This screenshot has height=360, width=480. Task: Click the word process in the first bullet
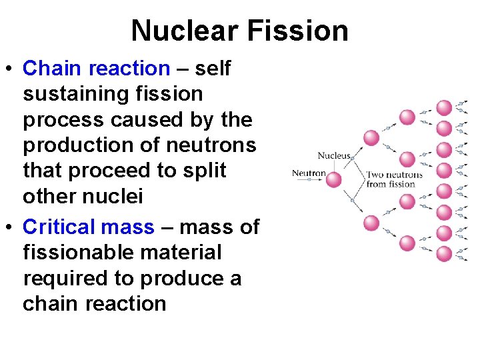click(64, 120)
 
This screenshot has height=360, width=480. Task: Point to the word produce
click(189, 278)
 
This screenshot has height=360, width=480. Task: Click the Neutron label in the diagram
click(309, 174)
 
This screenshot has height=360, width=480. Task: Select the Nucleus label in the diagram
click(333, 156)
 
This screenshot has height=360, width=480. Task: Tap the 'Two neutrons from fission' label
click(394, 179)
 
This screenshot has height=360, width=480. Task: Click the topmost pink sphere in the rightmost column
click(444, 107)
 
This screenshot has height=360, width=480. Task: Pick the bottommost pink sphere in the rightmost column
click(444, 253)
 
